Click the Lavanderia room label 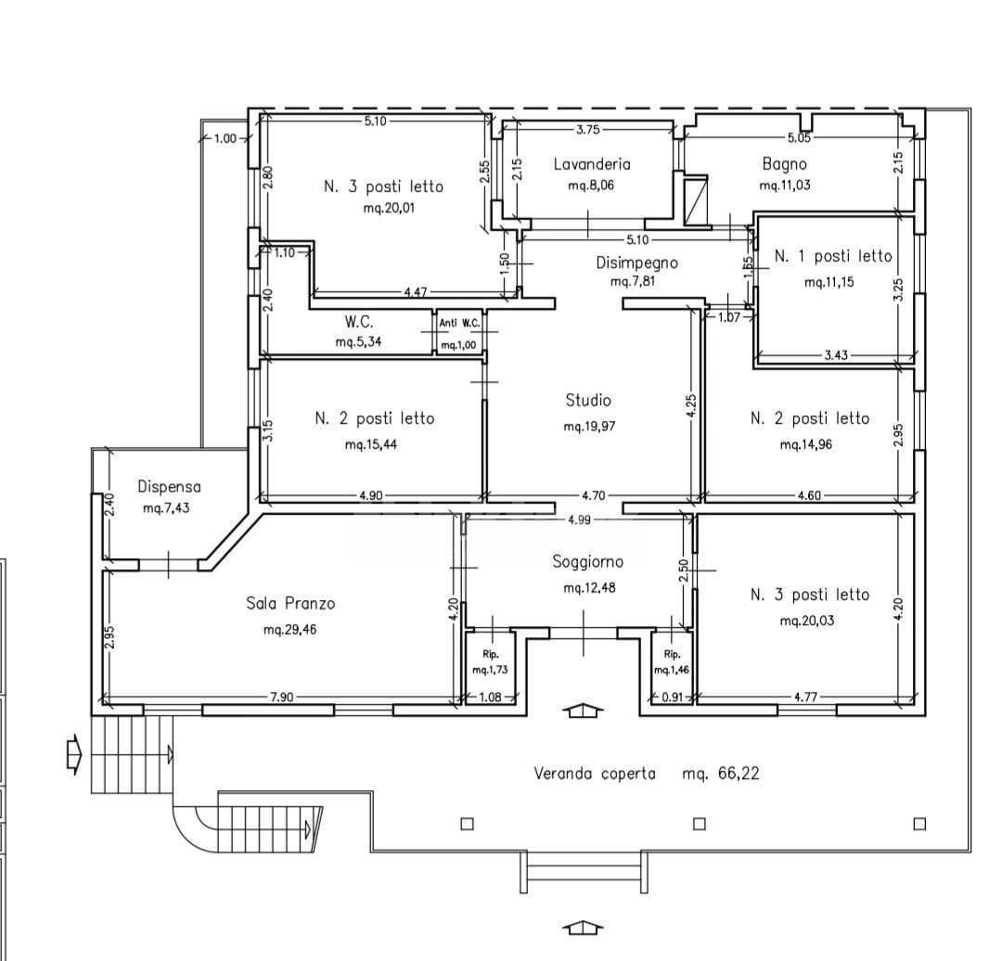click(591, 164)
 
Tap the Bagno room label click(784, 164)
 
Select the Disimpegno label click(636, 263)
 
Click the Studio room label click(588, 401)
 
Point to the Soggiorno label click(587, 561)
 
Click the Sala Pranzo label click(290, 603)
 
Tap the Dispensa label click(169, 486)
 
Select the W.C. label click(358, 323)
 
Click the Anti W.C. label click(459, 323)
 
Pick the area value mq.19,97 click(589, 427)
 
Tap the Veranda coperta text click(594, 773)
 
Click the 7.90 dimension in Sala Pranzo click(282, 698)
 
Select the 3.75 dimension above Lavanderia click(587, 129)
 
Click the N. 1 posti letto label click(832, 256)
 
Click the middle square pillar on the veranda click(699, 824)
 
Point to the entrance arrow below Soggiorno click(583, 711)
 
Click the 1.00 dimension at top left click(225, 138)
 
